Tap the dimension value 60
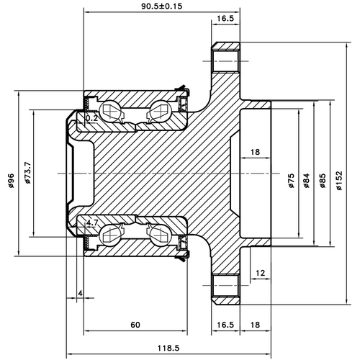[135, 324]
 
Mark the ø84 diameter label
[307, 180]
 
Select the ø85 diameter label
[323, 180]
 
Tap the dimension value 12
[260, 273]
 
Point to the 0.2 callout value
[92, 117]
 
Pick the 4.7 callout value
[92, 224]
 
